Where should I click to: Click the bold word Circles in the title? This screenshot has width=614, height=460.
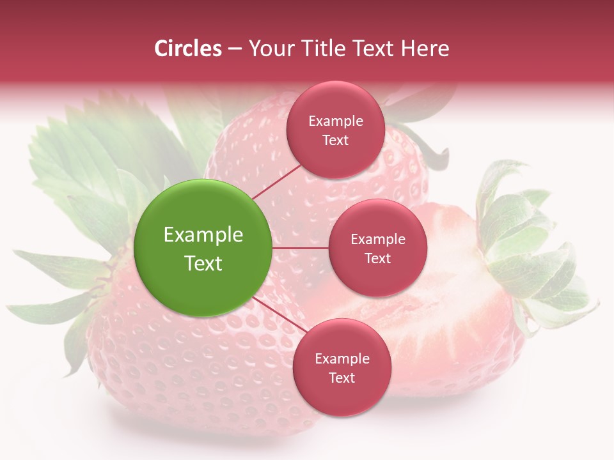click(188, 49)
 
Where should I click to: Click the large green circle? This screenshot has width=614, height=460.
click(203, 249)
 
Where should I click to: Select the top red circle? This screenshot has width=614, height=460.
click(335, 130)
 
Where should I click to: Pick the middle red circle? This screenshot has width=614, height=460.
click(377, 249)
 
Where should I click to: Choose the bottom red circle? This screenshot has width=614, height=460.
click(342, 368)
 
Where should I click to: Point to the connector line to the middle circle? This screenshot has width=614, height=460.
click(301, 248)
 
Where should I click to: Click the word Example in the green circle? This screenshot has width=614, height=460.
click(203, 235)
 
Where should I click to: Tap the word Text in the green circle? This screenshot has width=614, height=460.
click(203, 263)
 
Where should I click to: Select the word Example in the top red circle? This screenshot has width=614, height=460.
click(335, 121)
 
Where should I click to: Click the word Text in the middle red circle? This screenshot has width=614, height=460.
click(377, 259)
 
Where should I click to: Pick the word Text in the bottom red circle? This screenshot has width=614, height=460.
click(342, 378)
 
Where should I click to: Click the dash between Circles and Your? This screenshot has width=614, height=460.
click(234, 49)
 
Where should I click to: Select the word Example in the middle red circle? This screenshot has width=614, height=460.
click(377, 240)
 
